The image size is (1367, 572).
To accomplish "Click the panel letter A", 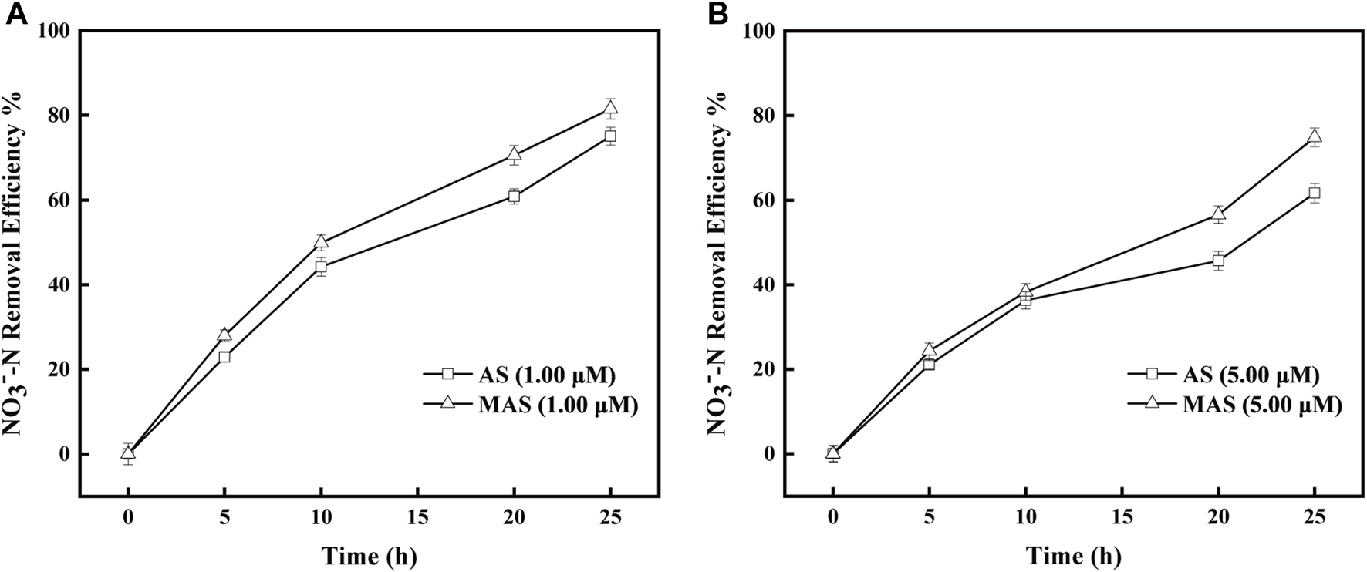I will (x=17, y=13).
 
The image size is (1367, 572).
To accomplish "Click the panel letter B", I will (x=717, y=13).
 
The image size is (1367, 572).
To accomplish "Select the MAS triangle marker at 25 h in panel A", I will (x=610, y=108).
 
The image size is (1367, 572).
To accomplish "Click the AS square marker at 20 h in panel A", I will (x=514, y=197).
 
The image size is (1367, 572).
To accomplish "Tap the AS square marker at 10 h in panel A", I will (x=321, y=267).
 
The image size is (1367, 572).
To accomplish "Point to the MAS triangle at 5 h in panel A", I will (x=224, y=334).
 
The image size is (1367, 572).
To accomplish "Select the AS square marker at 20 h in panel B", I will (x=1218, y=261).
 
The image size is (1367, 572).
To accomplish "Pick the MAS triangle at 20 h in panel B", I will (x=1218, y=214).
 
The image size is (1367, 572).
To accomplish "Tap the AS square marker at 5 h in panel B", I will (x=929, y=364).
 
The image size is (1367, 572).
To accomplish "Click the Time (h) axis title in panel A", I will (x=369, y=555).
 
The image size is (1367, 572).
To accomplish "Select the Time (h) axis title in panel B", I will (x=1073, y=555).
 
